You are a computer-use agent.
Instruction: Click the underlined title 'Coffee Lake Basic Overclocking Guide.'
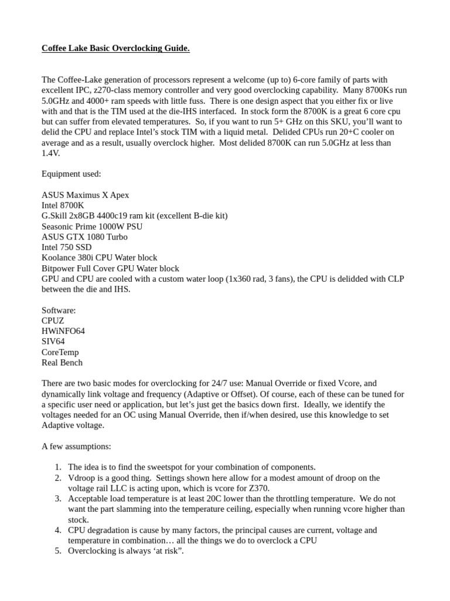(x=115, y=48)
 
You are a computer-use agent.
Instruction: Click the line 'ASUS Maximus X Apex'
(x=86, y=195)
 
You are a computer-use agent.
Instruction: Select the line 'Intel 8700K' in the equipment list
(x=63, y=205)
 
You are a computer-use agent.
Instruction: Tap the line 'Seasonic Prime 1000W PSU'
(x=92, y=227)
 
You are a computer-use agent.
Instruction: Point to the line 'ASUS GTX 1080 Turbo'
(x=84, y=237)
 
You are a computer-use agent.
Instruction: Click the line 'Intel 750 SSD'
(x=67, y=248)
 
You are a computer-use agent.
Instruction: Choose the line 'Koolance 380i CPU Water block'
(x=100, y=258)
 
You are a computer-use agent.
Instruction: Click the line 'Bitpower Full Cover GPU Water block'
(x=111, y=269)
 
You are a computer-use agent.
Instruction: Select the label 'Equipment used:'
(x=71, y=174)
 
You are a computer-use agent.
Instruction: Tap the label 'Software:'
(x=59, y=310)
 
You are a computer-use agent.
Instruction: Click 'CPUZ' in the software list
(x=53, y=320)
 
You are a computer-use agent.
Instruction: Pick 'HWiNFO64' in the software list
(x=63, y=331)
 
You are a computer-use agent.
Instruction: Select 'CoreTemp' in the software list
(x=60, y=352)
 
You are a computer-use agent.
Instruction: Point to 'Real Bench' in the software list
(x=62, y=363)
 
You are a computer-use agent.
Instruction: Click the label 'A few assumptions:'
(x=76, y=446)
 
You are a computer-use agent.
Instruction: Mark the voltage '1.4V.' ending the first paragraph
(x=51, y=153)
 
